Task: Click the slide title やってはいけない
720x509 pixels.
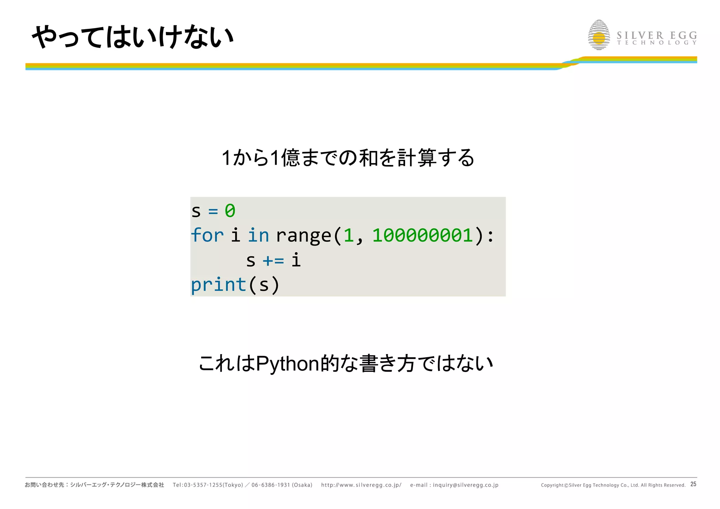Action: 133,37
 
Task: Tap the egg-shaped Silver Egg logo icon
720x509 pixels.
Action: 599,35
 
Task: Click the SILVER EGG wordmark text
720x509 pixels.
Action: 657,35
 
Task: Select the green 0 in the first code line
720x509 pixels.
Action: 230,211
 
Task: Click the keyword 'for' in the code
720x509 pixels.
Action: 207,235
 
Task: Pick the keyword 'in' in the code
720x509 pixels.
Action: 258,235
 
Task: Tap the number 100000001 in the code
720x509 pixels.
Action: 423,235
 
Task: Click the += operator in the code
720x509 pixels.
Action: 273,261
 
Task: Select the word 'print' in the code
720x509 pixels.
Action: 218,285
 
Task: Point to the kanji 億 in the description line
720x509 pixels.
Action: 290,157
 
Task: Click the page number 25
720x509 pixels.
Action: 693,484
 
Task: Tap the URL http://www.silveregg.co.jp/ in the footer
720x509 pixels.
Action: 361,485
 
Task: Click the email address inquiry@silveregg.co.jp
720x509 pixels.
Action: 465,485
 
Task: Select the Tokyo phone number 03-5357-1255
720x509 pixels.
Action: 202,485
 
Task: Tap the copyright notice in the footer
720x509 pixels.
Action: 613,485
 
